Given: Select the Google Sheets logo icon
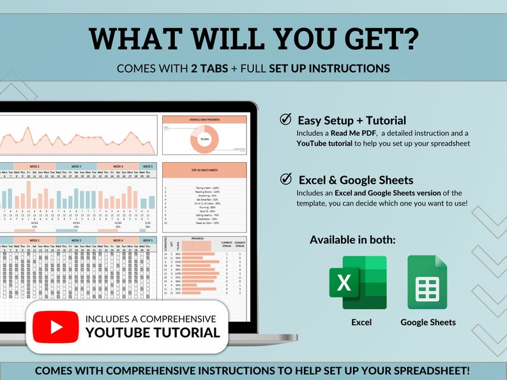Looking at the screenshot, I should (428, 282).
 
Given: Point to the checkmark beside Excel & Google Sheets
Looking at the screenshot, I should (286, 179).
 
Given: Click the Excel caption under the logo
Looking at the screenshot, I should (361, 322).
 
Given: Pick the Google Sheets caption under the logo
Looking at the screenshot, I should (428, 322).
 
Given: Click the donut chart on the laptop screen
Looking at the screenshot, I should (204, 139).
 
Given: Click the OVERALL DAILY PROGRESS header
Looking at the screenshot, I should (204, 118).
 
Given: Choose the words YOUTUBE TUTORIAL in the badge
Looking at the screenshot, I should (153, 332).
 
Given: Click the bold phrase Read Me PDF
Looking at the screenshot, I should (352, 133).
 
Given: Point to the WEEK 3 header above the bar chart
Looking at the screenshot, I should (76, 167).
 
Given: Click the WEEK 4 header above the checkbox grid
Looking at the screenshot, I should (118, 241).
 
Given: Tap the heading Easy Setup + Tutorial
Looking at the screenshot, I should (352, 120).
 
